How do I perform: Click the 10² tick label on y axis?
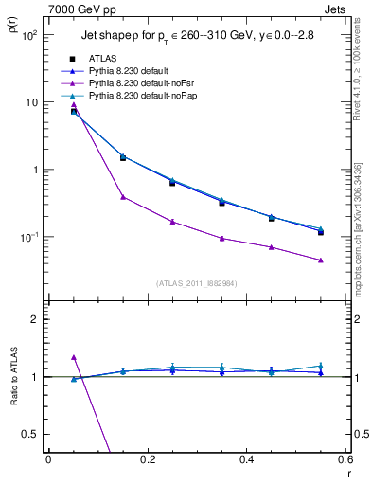28,35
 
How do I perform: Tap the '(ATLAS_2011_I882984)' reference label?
196,282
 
